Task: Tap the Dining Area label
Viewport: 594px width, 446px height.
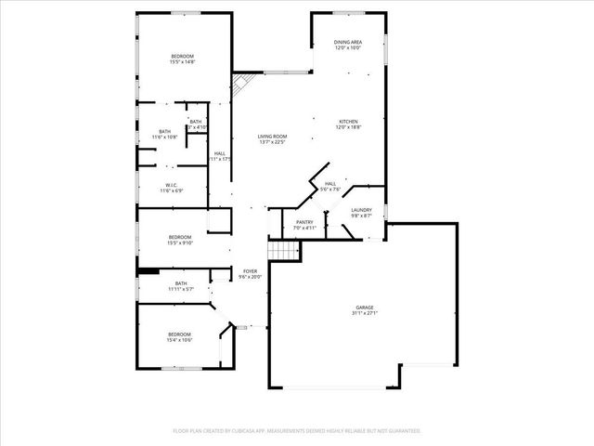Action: pyautogui.click(x=348, y=43)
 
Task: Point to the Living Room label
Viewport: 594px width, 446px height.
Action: pyautogui.click(x=272, y=137)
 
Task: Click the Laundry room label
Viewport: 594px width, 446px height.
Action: pyautogui.click(x=362, y=210)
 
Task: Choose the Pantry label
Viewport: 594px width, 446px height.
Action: pyautogui.click(x=304, y=221)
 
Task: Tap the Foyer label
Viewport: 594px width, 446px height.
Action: pyautogui.click(x=251, y=270)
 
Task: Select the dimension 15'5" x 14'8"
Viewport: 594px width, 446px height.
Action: pyautogui.click(x=182, y=62)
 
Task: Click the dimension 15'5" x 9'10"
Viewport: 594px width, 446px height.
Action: pyautogui.click(x=180, y=243)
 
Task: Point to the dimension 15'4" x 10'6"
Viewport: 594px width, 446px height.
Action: pyautogui.click(x=179, y=340)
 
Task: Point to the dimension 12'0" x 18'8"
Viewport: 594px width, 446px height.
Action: pyautogui.click(x=348, y=128)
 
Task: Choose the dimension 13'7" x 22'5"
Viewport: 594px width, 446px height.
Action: pyautogui.click(x=272, y=142)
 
